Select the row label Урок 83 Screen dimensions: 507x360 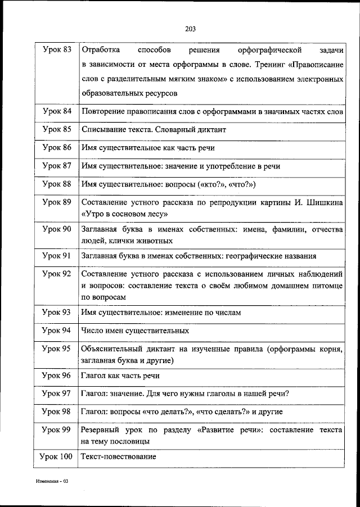point(57,50)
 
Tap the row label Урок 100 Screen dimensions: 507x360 point(57,456)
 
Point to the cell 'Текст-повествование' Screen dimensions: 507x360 point(119,456)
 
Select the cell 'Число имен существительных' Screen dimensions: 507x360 point(135,331)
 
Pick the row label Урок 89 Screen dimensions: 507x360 point(57,202)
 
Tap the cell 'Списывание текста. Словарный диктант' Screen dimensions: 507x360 point(154,129)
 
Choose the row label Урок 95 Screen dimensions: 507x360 point(57,348)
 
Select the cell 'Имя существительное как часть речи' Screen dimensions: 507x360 point(148,148)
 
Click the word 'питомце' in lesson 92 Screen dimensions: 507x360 point(325,286)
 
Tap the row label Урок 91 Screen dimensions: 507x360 point(57,256)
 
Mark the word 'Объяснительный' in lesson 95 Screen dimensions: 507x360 point(112,348)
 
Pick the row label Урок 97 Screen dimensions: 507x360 point(57,393)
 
